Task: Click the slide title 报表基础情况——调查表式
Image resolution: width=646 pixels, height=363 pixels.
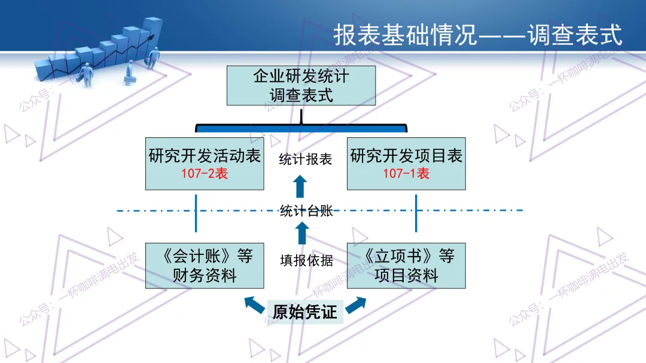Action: point(477,35)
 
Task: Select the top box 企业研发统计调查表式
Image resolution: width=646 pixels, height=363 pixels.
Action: point(301,85)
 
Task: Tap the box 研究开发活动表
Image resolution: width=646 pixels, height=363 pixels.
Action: point(205,164)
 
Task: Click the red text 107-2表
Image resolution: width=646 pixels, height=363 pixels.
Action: point(205,174)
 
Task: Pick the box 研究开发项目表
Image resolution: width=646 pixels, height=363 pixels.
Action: point(406,164)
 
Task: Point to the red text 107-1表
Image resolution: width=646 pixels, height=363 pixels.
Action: point(406,174)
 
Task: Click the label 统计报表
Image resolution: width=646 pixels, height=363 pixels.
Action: point(305,159)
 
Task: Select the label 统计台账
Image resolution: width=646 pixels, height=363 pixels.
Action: point(305,210)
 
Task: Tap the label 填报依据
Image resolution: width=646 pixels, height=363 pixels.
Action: point(305,261)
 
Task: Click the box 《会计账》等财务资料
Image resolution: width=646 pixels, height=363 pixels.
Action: point(205,266)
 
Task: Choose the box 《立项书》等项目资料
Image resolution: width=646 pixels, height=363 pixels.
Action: point(406,266)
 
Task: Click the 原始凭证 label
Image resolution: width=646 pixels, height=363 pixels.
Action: point(305,312)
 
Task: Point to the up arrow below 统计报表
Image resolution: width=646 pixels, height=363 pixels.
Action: point(300,186)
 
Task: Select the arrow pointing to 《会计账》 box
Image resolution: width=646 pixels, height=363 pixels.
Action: point(254,305)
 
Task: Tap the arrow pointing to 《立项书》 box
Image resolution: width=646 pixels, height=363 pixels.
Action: point(355,305)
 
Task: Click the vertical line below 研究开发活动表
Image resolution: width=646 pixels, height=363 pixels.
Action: point(196,212)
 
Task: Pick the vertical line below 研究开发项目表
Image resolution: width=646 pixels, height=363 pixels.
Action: point(416,212)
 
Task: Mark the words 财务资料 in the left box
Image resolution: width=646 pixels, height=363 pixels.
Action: point(205,275)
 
